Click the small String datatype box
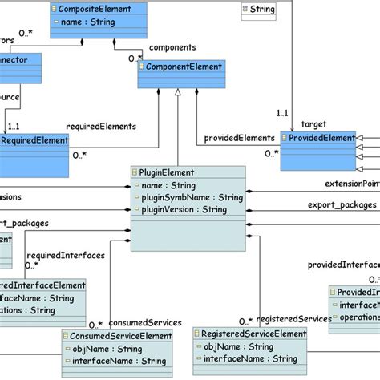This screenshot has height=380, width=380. (x=258, y=10)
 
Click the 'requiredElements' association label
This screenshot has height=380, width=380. (x=100, y=126)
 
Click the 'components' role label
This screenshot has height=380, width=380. (x=172, y=47)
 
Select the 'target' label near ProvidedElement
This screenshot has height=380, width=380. (x=313, y=124)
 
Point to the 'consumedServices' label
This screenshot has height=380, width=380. (x=145, y=322)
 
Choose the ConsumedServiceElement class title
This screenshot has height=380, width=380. (x=121, y=336)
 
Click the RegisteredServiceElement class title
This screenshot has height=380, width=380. (x=253, y=334)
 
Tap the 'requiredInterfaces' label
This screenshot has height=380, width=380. (x=71, y=256)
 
